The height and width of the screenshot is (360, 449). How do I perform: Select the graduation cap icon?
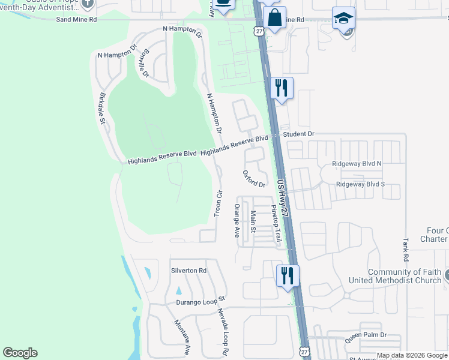tap(343, 18)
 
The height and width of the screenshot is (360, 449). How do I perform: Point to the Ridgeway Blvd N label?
tap(357, 163)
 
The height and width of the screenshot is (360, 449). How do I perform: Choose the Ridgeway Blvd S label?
tap(360, 184)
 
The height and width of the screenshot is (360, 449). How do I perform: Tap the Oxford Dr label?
tap(254, 179)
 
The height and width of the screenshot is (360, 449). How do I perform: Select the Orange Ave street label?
tap(237, 220)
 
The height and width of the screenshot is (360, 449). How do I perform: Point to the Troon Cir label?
tap(219, 205)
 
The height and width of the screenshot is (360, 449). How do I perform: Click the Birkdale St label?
tap(103, 108)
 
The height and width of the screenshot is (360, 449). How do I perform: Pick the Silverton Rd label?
tap(188, 271)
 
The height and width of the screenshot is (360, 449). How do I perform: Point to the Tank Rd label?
tap(406, 250)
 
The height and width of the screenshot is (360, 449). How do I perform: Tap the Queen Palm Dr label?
tap(365, 338)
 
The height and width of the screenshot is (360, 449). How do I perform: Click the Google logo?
tap(20, 353)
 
